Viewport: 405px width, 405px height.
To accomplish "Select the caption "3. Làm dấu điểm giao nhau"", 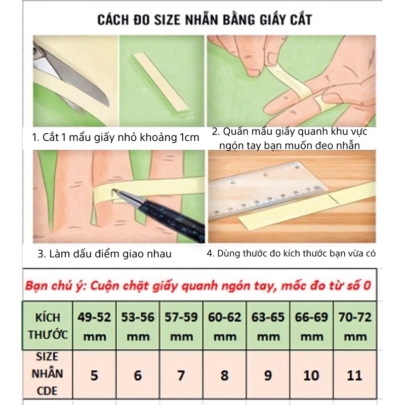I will tap(105, 254).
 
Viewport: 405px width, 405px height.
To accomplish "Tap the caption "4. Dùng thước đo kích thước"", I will tap(291, 254).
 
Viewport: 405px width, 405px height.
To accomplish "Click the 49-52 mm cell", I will tap(95, 327).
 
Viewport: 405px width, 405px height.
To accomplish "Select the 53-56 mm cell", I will tap(138, 327).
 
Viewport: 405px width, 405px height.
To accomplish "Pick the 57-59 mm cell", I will tap(181, 327).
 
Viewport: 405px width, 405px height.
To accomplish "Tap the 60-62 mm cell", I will tap(224, 327).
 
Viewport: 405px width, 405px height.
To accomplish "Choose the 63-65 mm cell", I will tap(267, 327).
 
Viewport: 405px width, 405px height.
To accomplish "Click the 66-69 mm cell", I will tap(311, 327).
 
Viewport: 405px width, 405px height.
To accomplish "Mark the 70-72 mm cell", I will tap(355, 327).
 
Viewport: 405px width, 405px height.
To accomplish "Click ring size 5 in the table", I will tap(95, 375).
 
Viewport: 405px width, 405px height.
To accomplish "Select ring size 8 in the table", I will tap(224, 375).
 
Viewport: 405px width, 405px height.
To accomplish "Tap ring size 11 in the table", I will tap(355, 375).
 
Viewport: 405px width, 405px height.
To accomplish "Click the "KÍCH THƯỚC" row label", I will tap(48, 327).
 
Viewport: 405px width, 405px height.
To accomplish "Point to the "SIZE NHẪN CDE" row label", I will tap(48, 375).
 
